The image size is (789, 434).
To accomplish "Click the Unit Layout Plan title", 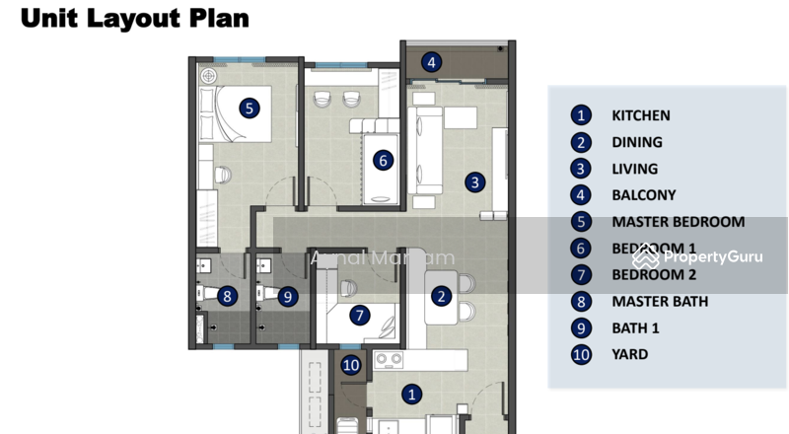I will point(134,19).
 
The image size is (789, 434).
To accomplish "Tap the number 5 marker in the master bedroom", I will point(250,108).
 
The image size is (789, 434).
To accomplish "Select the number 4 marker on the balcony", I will point(431,62).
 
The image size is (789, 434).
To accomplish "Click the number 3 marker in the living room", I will point(475,181).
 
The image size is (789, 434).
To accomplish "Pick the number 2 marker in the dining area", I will point(441,295).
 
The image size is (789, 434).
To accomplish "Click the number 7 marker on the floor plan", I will point(359,316).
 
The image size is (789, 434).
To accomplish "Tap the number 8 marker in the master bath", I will point(227,295).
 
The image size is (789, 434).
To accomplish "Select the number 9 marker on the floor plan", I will point(287,295).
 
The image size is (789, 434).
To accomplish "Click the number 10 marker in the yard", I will point(352,365).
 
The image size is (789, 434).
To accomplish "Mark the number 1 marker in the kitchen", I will point(412,394).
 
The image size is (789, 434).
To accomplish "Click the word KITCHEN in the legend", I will point(640,115).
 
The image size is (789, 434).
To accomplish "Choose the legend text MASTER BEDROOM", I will point(678,222).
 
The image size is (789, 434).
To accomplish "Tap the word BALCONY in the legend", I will point(644,195).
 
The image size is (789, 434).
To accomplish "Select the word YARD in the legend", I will point(629,354).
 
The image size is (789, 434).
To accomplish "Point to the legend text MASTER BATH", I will point(660,302).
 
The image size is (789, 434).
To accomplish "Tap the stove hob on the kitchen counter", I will point(386,361).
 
